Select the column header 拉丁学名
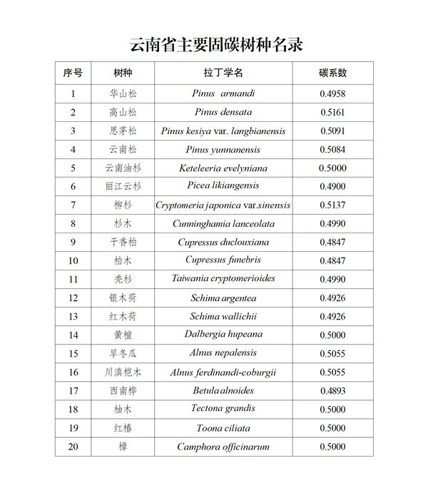click(223, 73)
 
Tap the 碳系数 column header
click(332, 73)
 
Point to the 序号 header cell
click(73, 73)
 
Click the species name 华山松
click(123, 93)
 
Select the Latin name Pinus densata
click(223, 112)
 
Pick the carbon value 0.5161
click(332, 112)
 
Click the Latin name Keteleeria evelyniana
click(223, 168)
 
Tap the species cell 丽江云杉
click(123, 186)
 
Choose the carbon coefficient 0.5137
click(332, 205)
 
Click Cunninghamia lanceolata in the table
click(223, 223)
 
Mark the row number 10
click(73, 260)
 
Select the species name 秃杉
click(123, 279)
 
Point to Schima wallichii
click(223, 316)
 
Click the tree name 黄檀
click(123, 335)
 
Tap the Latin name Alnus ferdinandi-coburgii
click(223, 372)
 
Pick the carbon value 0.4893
click(332, 391)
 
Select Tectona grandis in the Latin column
click(223, 409)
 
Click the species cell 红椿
click(123, 428)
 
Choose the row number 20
click(73, 447)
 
